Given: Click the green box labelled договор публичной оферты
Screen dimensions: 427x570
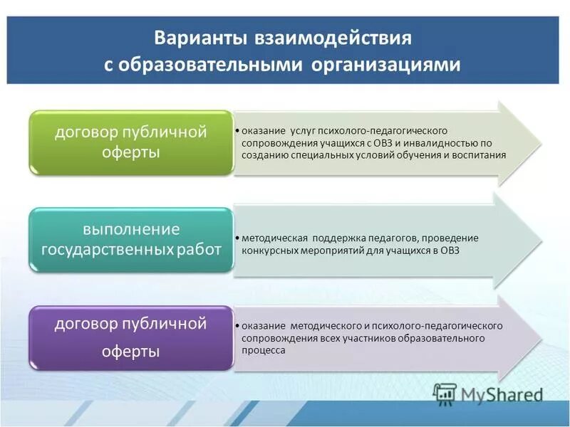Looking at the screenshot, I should coord(131,142).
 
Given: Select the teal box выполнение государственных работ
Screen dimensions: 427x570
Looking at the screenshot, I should coord(131,240).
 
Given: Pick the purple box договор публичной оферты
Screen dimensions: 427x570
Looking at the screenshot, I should coord(131,337).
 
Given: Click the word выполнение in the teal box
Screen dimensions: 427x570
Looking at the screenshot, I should coord(131,229).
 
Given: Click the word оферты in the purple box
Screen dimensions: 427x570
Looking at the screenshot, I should coord(131,352).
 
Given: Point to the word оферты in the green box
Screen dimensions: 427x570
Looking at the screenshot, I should coord(131,153).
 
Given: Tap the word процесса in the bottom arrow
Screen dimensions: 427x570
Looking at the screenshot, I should coord(264,350).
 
